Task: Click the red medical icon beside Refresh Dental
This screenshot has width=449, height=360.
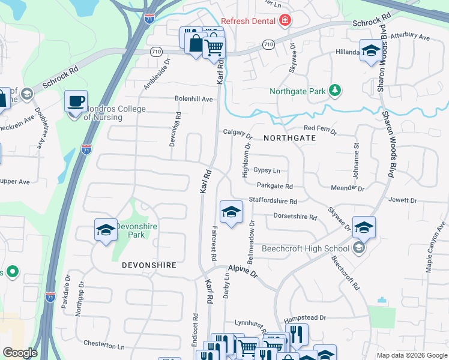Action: tap(285, 22)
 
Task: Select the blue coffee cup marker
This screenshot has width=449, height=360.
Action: tap(76, 101)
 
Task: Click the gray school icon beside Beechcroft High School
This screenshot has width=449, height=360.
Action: tap(359, 248)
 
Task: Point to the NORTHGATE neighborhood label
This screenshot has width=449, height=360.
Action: tap(289, 138)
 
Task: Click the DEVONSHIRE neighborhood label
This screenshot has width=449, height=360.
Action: tap(148, 264)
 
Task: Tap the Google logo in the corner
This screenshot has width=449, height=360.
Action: tap(20, 353)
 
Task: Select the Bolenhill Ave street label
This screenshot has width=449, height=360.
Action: tap(194, 99)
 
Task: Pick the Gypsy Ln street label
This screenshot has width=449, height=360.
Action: tap(267, 170)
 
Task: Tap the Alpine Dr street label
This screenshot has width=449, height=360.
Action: tap(242, 272)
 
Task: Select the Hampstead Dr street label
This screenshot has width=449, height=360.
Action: tap(305, 317)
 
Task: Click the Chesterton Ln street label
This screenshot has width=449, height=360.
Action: tap(104, 346)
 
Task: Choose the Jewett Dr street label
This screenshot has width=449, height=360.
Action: tap(402, 200)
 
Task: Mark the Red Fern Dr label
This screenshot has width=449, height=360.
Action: tap(321, 128)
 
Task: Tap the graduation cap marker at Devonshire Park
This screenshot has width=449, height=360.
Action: tap(106, 230)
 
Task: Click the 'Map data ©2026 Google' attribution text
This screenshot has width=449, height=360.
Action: tap(412, 355)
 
